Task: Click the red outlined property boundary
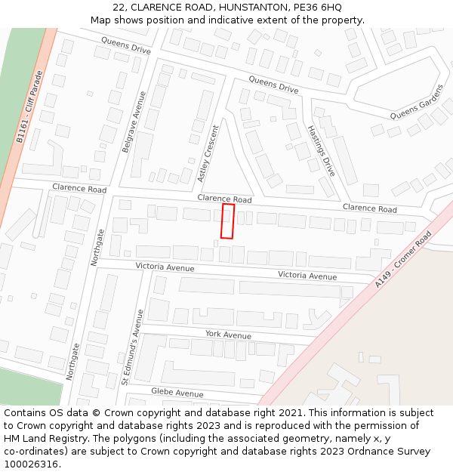(x=227, y=221)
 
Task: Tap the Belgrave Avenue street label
(x=134, y=121)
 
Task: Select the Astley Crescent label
(x=208, y=153)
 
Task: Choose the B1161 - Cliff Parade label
(x=29, y=107)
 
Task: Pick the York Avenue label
(x=228, y=335)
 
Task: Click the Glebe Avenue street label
(x=177, y=393)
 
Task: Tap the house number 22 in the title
(x=119, y=8)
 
